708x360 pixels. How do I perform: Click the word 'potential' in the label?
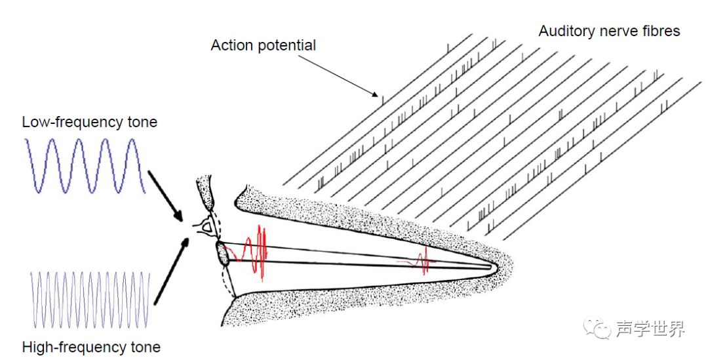(x=286, y=45)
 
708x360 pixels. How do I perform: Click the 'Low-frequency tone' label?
(x=89, y=122)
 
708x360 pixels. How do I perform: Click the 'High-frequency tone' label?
(x=91, y=347)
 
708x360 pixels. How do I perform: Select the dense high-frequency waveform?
(x=90, y=300)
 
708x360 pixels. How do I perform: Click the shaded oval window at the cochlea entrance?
(x=222, y=253)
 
